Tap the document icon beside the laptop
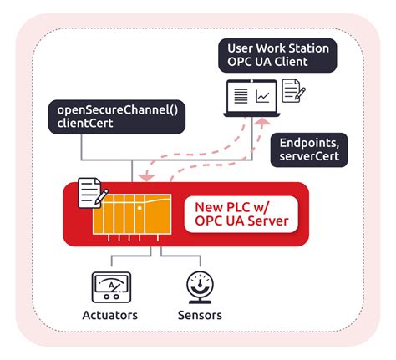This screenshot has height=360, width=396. tap(293, 91)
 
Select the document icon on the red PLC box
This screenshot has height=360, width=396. tap(89, 193)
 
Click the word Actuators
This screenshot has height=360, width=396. tap(109, 315)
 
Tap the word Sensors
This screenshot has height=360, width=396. tap(200, 315)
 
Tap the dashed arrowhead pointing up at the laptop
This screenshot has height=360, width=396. tap(262, 122)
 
